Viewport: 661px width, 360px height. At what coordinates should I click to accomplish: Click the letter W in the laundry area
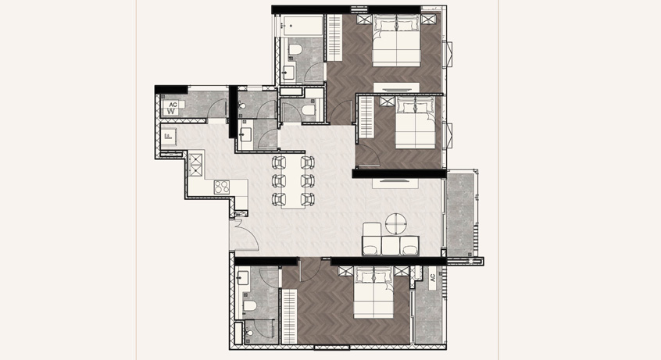[171, 112]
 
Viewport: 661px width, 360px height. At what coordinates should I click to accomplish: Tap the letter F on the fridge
[168, 136]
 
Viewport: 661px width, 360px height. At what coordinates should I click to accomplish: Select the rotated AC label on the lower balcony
[433, 277]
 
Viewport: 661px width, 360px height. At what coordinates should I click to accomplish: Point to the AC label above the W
[173, 105]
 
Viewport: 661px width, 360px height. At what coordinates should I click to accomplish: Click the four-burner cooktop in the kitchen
[222, 187]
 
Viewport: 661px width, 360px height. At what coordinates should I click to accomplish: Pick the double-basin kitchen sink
[195, 165]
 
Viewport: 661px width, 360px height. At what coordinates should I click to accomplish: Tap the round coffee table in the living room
[396, 223]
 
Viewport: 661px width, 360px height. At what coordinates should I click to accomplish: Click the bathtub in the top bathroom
[303, 26]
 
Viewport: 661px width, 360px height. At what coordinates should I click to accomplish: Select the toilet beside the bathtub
[295, 49]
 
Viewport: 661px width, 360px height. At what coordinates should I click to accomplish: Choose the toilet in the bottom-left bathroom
[249, 306]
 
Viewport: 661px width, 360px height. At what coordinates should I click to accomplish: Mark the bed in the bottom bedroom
[374, 292]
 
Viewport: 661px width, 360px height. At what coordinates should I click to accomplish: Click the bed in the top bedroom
[397, 41]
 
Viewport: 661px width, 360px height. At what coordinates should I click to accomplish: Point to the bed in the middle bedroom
[416, 123]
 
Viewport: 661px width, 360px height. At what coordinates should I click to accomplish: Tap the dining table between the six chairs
[294, 182]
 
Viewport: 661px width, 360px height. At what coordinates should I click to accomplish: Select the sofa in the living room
[391, 240]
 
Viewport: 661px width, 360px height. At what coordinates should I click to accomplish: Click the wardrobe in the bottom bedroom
[289, 316]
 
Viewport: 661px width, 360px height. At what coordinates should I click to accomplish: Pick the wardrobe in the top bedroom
[334, 37]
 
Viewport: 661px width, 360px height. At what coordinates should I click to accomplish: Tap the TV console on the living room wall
[395, 183]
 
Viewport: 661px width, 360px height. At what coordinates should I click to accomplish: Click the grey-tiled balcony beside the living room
[460, 213]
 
